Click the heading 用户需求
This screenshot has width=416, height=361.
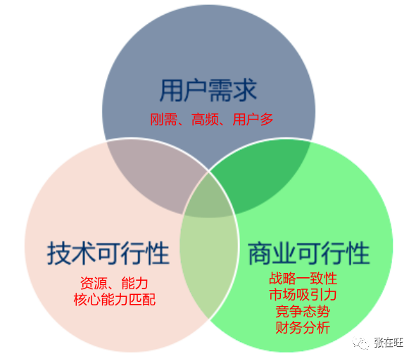click(208, 91)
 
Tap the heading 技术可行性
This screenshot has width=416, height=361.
click(108, 253)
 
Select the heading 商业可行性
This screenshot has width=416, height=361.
click(309, 253)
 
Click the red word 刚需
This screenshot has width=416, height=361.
click(164, 120)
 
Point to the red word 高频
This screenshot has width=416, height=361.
click(205, 120)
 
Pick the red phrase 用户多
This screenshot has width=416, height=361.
click(253, 120)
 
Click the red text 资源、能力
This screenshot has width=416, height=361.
click(114, 284)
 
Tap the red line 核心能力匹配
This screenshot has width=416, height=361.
click(115, 300)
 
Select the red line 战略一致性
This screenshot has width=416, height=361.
click(303, 279)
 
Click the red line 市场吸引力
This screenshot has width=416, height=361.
click(303, 295)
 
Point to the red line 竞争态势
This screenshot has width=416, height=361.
click(303, 311)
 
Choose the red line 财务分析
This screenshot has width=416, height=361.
click(303, 328)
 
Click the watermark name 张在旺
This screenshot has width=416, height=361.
click(389, 343)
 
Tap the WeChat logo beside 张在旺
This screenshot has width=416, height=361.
click(360, 343)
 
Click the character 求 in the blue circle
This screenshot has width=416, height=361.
click(245, 91)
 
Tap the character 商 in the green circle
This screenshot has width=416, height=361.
click(260, 253)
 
